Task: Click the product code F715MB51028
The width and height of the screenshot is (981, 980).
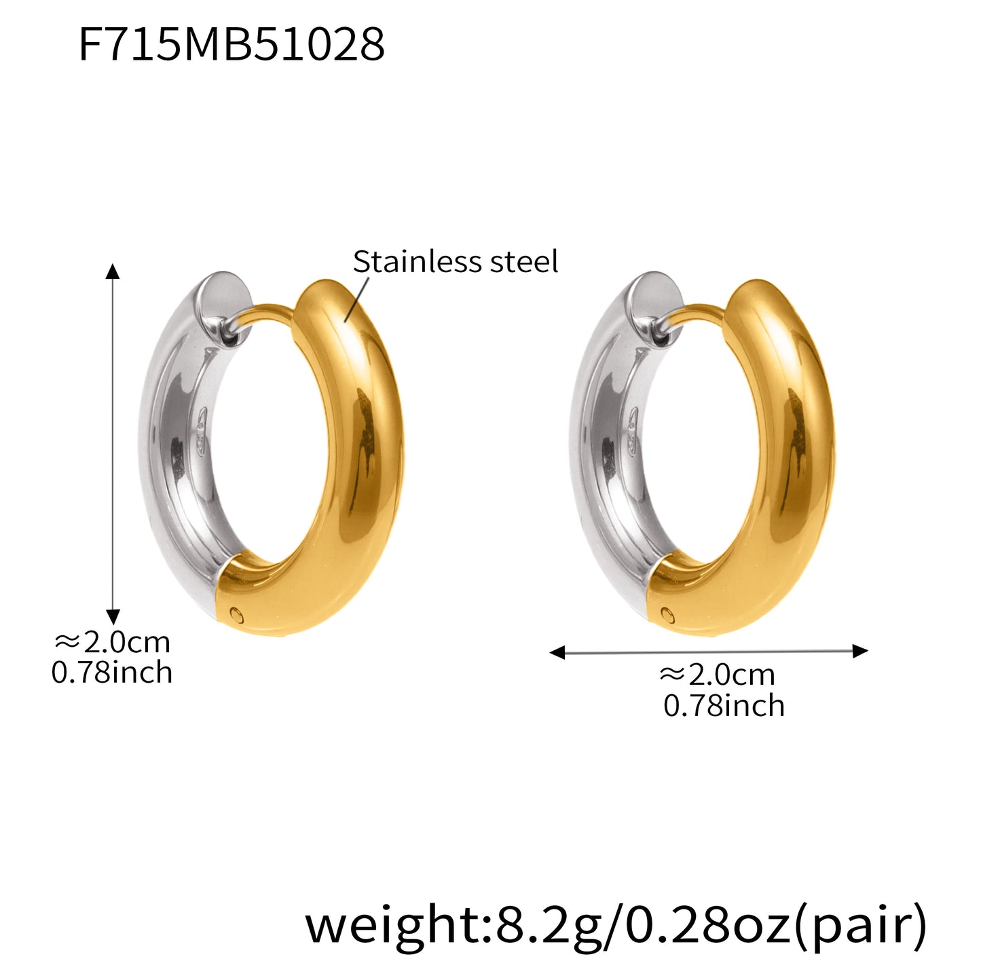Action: [232, 45]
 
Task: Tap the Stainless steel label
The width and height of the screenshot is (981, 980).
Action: [455, 262]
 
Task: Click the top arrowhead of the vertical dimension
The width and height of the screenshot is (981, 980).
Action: [113, 271]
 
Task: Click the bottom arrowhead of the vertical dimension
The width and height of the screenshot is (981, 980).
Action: [113, 616]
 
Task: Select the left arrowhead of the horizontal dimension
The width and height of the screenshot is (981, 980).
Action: [557, 653]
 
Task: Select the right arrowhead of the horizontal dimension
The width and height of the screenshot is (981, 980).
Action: [860, 652]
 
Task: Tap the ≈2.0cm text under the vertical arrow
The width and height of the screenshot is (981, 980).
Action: [112, 641]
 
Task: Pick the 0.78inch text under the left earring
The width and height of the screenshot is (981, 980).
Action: [112, 673]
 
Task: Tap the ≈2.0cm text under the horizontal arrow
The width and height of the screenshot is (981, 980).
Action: [718, 675]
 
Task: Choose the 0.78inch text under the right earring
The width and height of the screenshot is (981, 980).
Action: [724, 706]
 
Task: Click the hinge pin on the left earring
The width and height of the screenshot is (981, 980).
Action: [236, 614]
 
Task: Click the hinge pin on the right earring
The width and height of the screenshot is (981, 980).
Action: [668, 615]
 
